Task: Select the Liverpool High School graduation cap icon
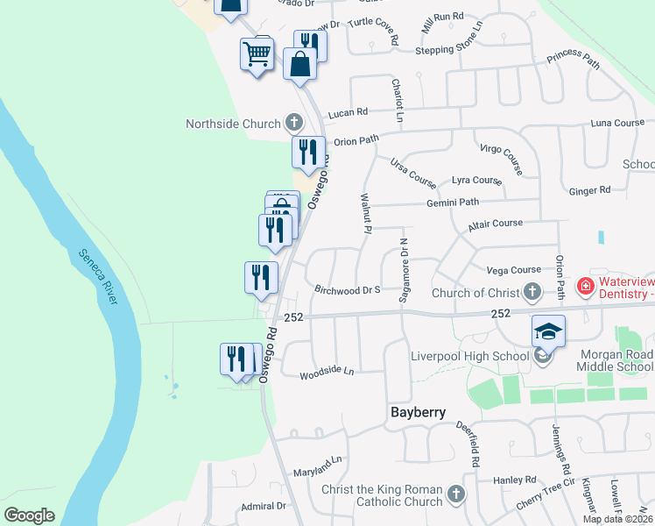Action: click(547, 331)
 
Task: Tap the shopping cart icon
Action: click(257, 54)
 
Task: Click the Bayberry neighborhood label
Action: click(418, 412)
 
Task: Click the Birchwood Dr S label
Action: click(347, 289)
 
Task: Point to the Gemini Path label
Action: click(453, 203)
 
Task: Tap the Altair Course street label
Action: click(495, 224)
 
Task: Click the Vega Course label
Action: click(513, 270)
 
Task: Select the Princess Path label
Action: click(574, 61)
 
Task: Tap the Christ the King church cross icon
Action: click(454, 495)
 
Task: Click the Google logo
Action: click(29, 515)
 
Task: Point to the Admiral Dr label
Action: click(264, 506)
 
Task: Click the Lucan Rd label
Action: click(348, 112)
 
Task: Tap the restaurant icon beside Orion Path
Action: click(308, 152)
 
